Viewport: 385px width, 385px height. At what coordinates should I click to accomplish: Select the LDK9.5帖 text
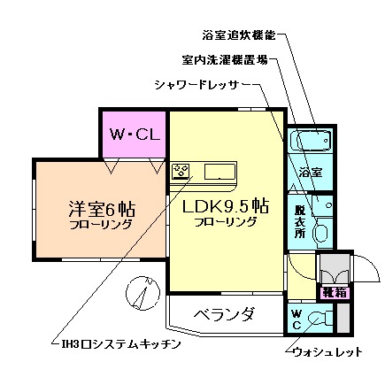click(x=225, y=206)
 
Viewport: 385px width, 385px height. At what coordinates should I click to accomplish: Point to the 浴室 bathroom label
click(x=310, y=170)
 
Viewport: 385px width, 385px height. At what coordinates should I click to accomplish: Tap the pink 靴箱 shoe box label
click(x=334, y=290)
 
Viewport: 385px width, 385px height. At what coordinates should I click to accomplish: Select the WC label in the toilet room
click(x=296, y=319)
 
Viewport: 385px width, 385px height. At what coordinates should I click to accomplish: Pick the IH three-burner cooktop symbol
click(x=182, y=170)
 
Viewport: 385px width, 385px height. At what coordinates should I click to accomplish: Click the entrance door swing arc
click(x=365, y=266)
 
